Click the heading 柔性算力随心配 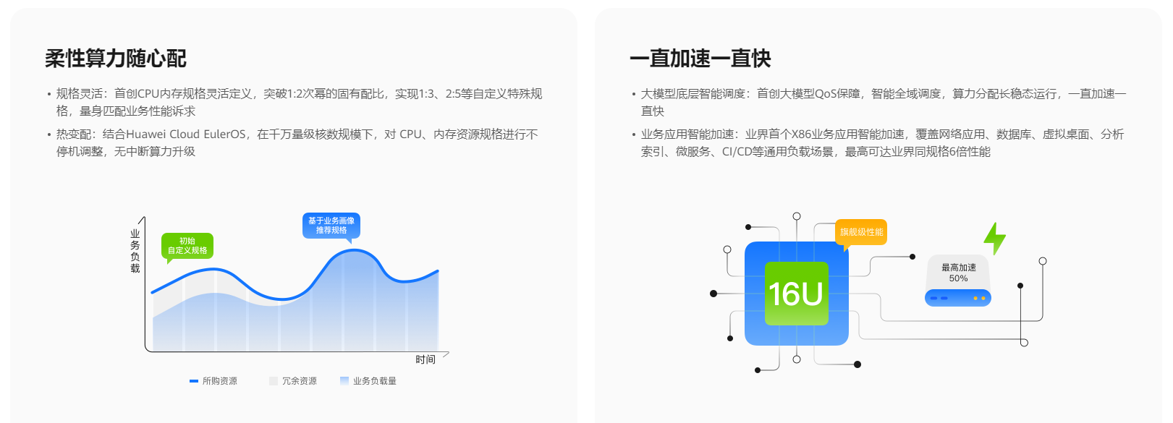(x=116, y=59)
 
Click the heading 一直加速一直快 (x=700, y=59)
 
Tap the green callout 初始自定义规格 (x=187, y=246)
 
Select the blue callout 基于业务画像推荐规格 (x=331, y=225)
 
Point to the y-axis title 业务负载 (x=135, y=251)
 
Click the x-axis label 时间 (x=425, y=359)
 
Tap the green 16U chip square (x=796, y=294)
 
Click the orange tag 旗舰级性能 (x=861, y=232)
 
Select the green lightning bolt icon (x=995, y=238)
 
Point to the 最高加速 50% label (x=959, y=273)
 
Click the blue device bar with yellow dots (x=958, y=298)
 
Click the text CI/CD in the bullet (x=738, y=152)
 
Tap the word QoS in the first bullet (x=827, y=94)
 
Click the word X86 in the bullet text (x=802, y=134)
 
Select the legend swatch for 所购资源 (x=194, y=381)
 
